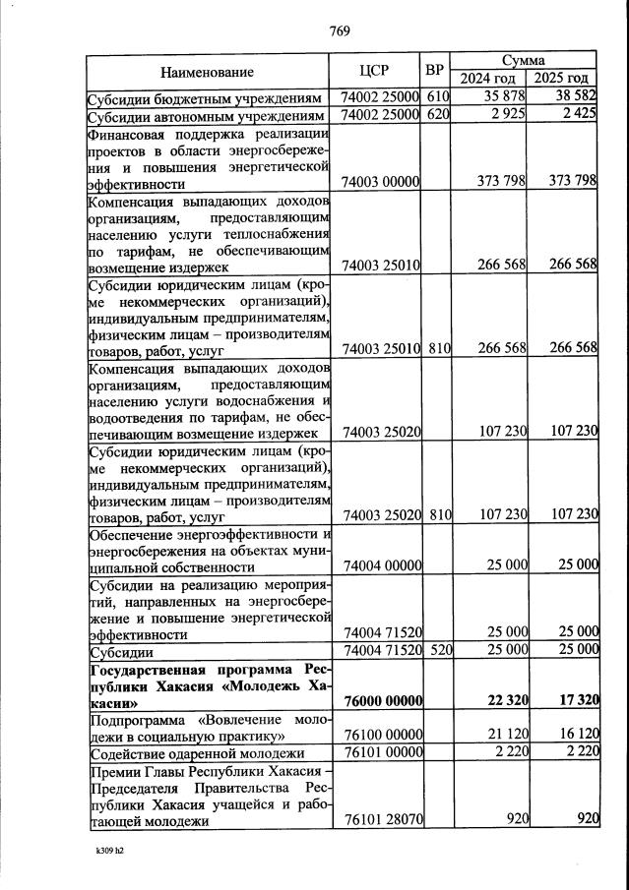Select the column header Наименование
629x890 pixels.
(x=208, y=72)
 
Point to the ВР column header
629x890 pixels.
(x=437, y=72)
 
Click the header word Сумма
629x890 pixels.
(x=524, y=61)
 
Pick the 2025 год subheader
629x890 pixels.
(x=562, y=79)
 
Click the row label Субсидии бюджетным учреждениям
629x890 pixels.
(x=204, y=99)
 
